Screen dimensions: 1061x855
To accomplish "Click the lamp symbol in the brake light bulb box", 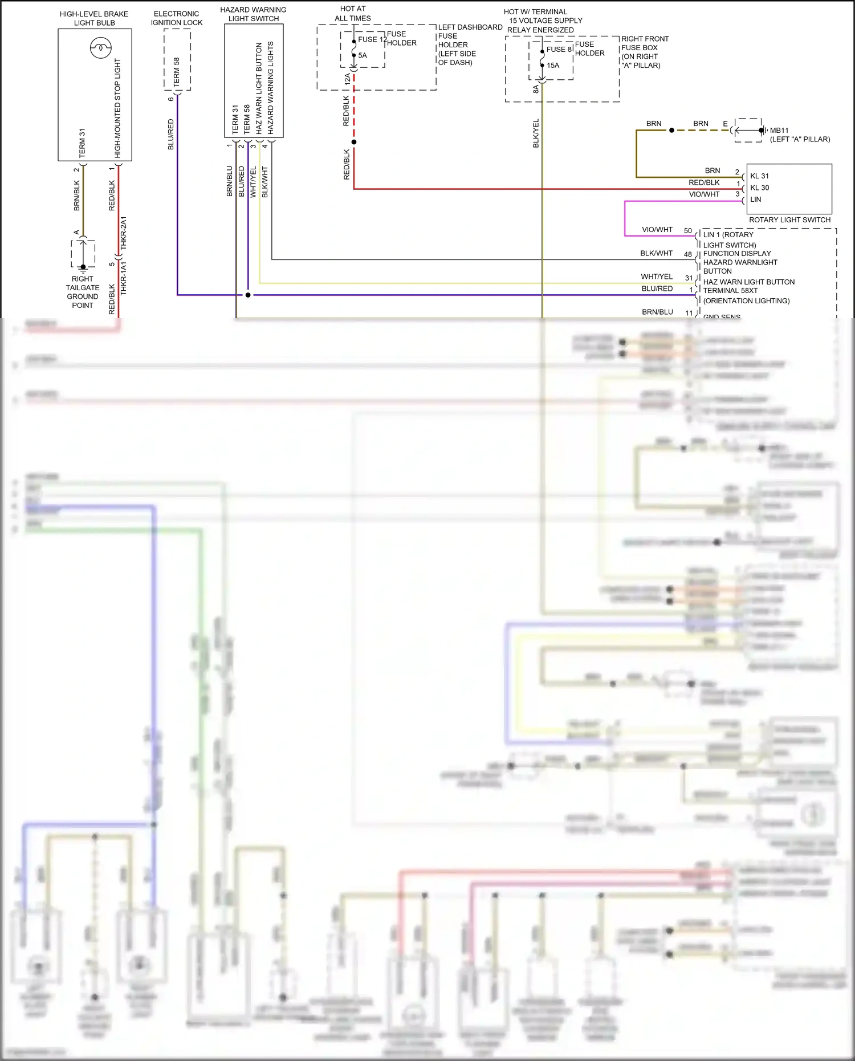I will [x=100, y=48].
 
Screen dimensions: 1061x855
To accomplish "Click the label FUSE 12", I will [x=372, y=39].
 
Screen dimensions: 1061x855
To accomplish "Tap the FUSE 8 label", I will [x=559, y=50].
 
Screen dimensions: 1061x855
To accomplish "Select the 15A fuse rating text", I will [x=553, y=66].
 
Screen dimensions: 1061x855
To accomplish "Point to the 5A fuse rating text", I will [x=363, y=55].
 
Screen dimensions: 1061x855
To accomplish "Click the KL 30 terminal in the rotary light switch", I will [x=759, y=188].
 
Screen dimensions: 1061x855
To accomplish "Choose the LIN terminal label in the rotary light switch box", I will [x=755, y=200].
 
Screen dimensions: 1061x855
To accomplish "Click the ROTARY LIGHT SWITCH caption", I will [x=789, y=220].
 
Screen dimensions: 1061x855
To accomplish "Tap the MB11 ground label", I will [x=779, y=131].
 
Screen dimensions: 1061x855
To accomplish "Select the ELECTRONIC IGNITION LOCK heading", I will [x=177, y=18].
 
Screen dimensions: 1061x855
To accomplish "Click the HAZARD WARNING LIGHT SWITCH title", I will [x=253, y=14].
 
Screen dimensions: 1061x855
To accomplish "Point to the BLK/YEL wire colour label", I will [x=536, y=133].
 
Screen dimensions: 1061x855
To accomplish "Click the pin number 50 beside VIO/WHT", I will [x=688, y=231].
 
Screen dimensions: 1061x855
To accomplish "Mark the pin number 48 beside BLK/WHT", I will [x=688, y=254].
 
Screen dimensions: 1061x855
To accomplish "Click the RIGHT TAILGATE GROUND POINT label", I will [x=83, y=292].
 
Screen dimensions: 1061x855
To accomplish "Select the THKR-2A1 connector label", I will [x=124, y=233].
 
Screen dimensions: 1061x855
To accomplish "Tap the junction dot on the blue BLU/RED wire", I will [x=248, y=295].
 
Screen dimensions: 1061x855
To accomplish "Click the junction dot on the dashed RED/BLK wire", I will [x=354, y=142].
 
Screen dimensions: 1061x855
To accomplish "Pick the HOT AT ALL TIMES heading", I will [x=353, y=14].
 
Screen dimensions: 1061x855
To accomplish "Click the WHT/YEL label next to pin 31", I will [x=657, y=277].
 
